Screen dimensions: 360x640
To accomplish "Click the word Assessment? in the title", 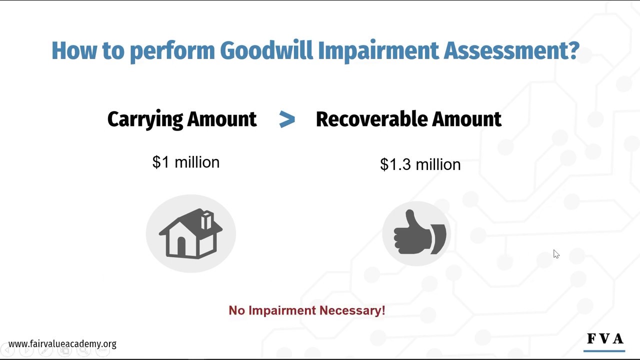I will (511, 51).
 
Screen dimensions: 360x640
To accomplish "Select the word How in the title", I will (73, 51).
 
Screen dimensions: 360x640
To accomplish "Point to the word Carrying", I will (145, 119).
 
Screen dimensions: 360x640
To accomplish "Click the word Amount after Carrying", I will (222, 119).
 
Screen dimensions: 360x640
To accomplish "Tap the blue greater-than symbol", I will (287, 119).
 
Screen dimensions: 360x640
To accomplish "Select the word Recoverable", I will (371, 119).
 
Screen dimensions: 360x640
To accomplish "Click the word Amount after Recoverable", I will (466, 119).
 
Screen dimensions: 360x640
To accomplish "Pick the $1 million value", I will (186, 162).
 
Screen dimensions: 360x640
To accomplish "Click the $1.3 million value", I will (420, 164).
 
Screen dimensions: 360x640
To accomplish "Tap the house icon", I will (190, 233).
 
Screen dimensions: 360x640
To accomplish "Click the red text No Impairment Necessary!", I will (306, 310).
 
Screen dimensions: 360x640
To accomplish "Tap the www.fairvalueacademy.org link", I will (62, 344).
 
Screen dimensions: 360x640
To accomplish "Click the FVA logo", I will (605, 339).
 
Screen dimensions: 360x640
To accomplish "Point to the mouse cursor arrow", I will (556, 254).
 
